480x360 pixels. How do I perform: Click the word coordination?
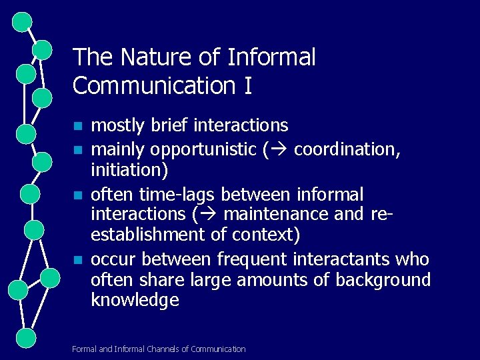[347, 149]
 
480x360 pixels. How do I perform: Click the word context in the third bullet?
[263, 235]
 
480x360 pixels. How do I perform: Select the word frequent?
[235, 259]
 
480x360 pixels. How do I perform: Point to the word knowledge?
[135, 300]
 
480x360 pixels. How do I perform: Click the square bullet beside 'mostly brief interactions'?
[78, 126]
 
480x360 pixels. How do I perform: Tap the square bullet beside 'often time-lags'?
[78, 195]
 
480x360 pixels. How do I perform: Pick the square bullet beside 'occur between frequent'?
[78, 259]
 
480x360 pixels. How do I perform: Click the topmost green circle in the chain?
[23, 22]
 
